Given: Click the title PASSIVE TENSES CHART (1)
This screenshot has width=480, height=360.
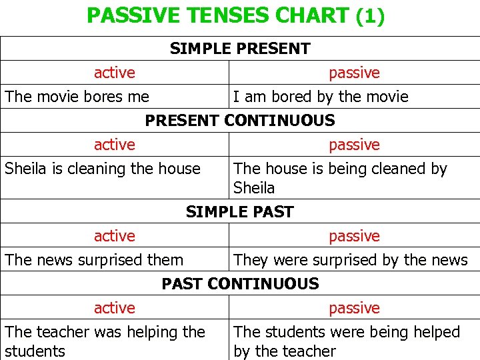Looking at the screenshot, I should pyautogui.click(x=235, y=15).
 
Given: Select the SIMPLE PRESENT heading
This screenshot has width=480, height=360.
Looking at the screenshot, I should pyautogui.click(x=240, y=49).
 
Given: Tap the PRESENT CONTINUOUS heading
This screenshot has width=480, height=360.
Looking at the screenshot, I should pyautogui.click(x=240, y=121).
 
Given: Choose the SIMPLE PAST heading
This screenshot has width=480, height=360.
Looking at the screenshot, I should pyautogui.click(x=240, y=212).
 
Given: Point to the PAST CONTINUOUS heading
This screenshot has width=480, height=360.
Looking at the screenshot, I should pyautogui.click(x=240, y=284).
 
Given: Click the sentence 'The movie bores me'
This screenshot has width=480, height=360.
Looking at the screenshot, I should pyautogui.click(x=77, y=97).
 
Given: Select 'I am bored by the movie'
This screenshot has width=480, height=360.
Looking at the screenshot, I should pyautogui.click(x=320, y=97).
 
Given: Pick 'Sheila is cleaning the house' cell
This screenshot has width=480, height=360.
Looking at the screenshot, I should pyautogui.click(x=103, y=169).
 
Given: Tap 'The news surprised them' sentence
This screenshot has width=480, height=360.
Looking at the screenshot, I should pyautogui.click(x=94, y=260).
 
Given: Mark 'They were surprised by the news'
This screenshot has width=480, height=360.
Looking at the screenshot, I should pyautogui.click(x=351, y=260).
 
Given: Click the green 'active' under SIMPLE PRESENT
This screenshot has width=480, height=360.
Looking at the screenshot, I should pyautogui.click(x=115, y=73).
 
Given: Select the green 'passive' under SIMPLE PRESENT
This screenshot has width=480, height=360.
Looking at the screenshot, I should pyautogui.click(x=354, y=73).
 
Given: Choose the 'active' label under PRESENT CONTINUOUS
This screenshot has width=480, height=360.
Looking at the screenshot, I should pyautogui.click(x=115, y=145).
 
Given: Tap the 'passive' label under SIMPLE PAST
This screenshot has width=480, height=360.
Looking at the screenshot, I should pyautogui.click(x=354, y=236).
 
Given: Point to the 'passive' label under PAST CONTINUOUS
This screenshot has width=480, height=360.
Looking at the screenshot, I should pyautogui.click(x=354, y=308).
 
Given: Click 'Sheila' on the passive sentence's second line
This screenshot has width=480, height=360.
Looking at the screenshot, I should pyautogui.click(x=254, y=188).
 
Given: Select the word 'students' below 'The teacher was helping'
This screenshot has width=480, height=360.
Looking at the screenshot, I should pyautogui.click(x=35, y=351).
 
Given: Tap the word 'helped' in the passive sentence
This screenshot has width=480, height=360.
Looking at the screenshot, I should pyautogui.click(x=436, y=332).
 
